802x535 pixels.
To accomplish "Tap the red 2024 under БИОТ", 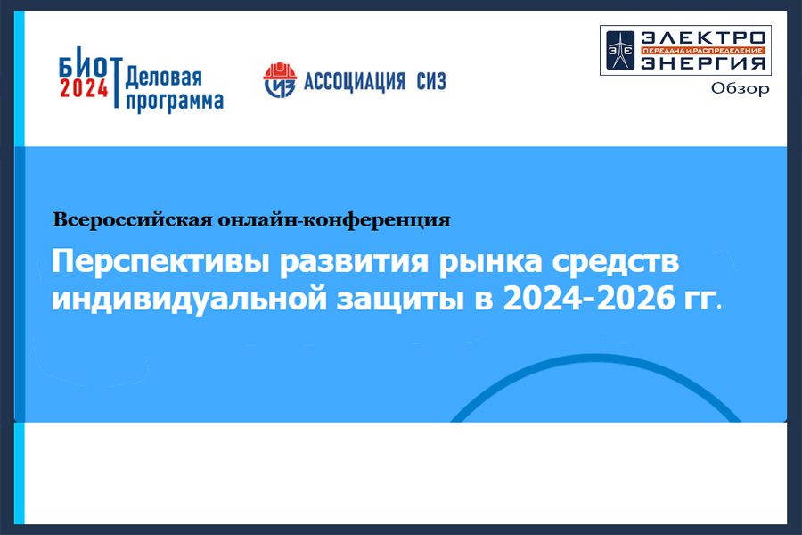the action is click(x=84, y=88).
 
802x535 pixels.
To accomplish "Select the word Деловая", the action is click(x=164, y=78).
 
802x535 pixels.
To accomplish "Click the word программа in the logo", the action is click(x=175, y=102).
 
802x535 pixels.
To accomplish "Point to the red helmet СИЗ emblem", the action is click(x=280, y=80).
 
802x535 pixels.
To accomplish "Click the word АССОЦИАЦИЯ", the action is click(x=355, y=81).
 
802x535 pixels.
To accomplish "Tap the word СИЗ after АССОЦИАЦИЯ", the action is click(x=431, y=81).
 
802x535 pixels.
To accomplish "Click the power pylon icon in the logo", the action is click(x=620, y=50).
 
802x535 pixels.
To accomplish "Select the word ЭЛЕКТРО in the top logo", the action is click(x=703, y=37).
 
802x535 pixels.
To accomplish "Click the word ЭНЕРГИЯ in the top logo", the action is click(x=703, y=62).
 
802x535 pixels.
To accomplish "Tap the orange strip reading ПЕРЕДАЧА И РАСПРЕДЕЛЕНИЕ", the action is click(x=703, y=50).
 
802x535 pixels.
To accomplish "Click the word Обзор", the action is click(x=740, y=88).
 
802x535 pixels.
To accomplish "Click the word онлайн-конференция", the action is click(x=334, y=220).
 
